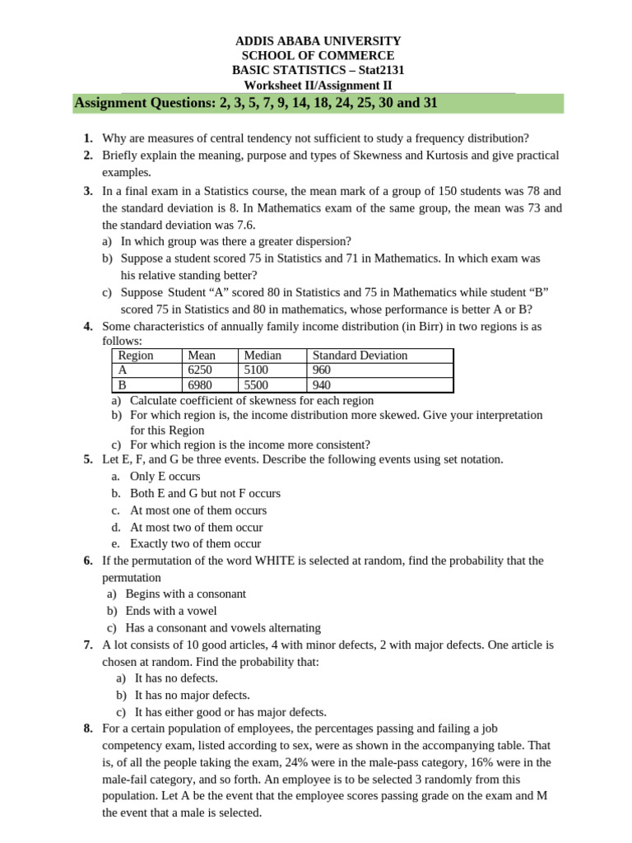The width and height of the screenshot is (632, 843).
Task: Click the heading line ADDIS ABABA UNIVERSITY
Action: click(x=318, y=40)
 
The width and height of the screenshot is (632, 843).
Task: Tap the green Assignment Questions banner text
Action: click(x=256, y=103)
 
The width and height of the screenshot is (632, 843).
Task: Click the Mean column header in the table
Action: click(x=202, y=356)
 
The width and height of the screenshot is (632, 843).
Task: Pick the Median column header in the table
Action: click(x=263, y=356)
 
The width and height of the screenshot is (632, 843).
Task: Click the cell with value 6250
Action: click(x=201, y=370)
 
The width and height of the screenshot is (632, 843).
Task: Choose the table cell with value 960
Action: click(x=323, y=370)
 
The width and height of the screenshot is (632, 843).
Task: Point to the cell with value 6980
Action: click(x=201, y=385)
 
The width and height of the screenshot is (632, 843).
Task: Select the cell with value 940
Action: click(x=323, y=385)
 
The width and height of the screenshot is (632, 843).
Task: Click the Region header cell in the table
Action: click(x=136, y=356)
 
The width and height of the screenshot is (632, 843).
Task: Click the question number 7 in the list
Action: click(x=87, y=645)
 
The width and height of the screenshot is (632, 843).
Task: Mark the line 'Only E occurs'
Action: click(x=165, y=477)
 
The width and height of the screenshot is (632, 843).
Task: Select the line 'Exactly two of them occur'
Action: click(x=195, y=544)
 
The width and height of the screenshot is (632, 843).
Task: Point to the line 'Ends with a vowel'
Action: click(x=171, y=611)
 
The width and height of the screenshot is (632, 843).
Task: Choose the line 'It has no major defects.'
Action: click(x=192, y=695)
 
